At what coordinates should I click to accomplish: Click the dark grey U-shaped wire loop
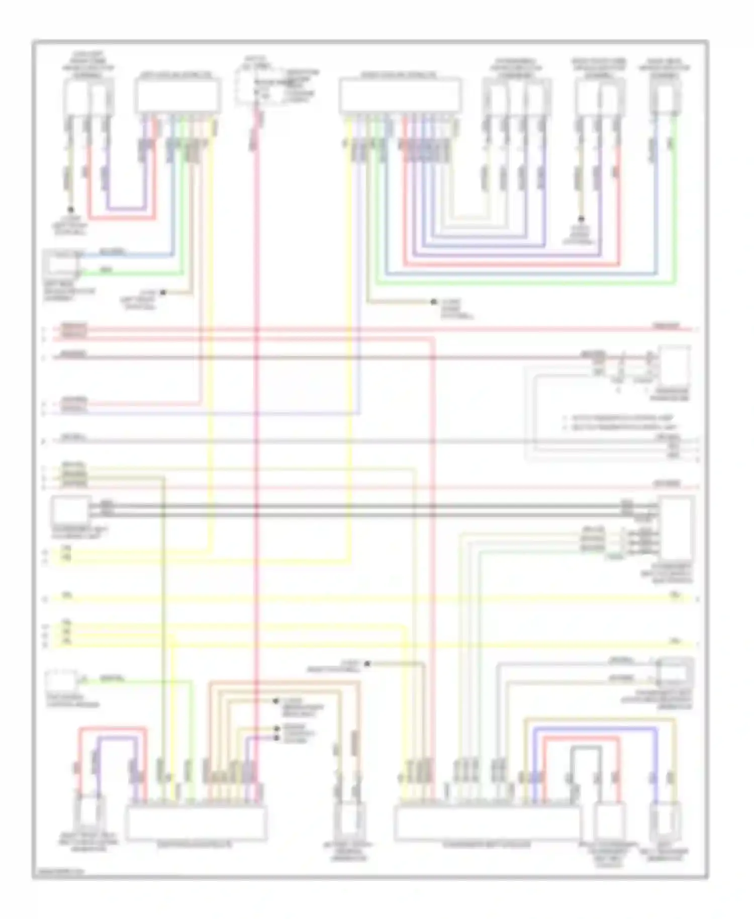586,749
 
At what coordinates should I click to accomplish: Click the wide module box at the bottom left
196,822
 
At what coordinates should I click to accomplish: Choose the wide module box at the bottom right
487,822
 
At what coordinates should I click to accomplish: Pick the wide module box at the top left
177,96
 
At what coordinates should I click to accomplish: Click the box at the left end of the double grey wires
70,510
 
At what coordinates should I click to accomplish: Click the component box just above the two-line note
675,364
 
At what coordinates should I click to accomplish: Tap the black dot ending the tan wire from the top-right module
433,302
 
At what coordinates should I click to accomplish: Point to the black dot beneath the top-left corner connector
71,210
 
